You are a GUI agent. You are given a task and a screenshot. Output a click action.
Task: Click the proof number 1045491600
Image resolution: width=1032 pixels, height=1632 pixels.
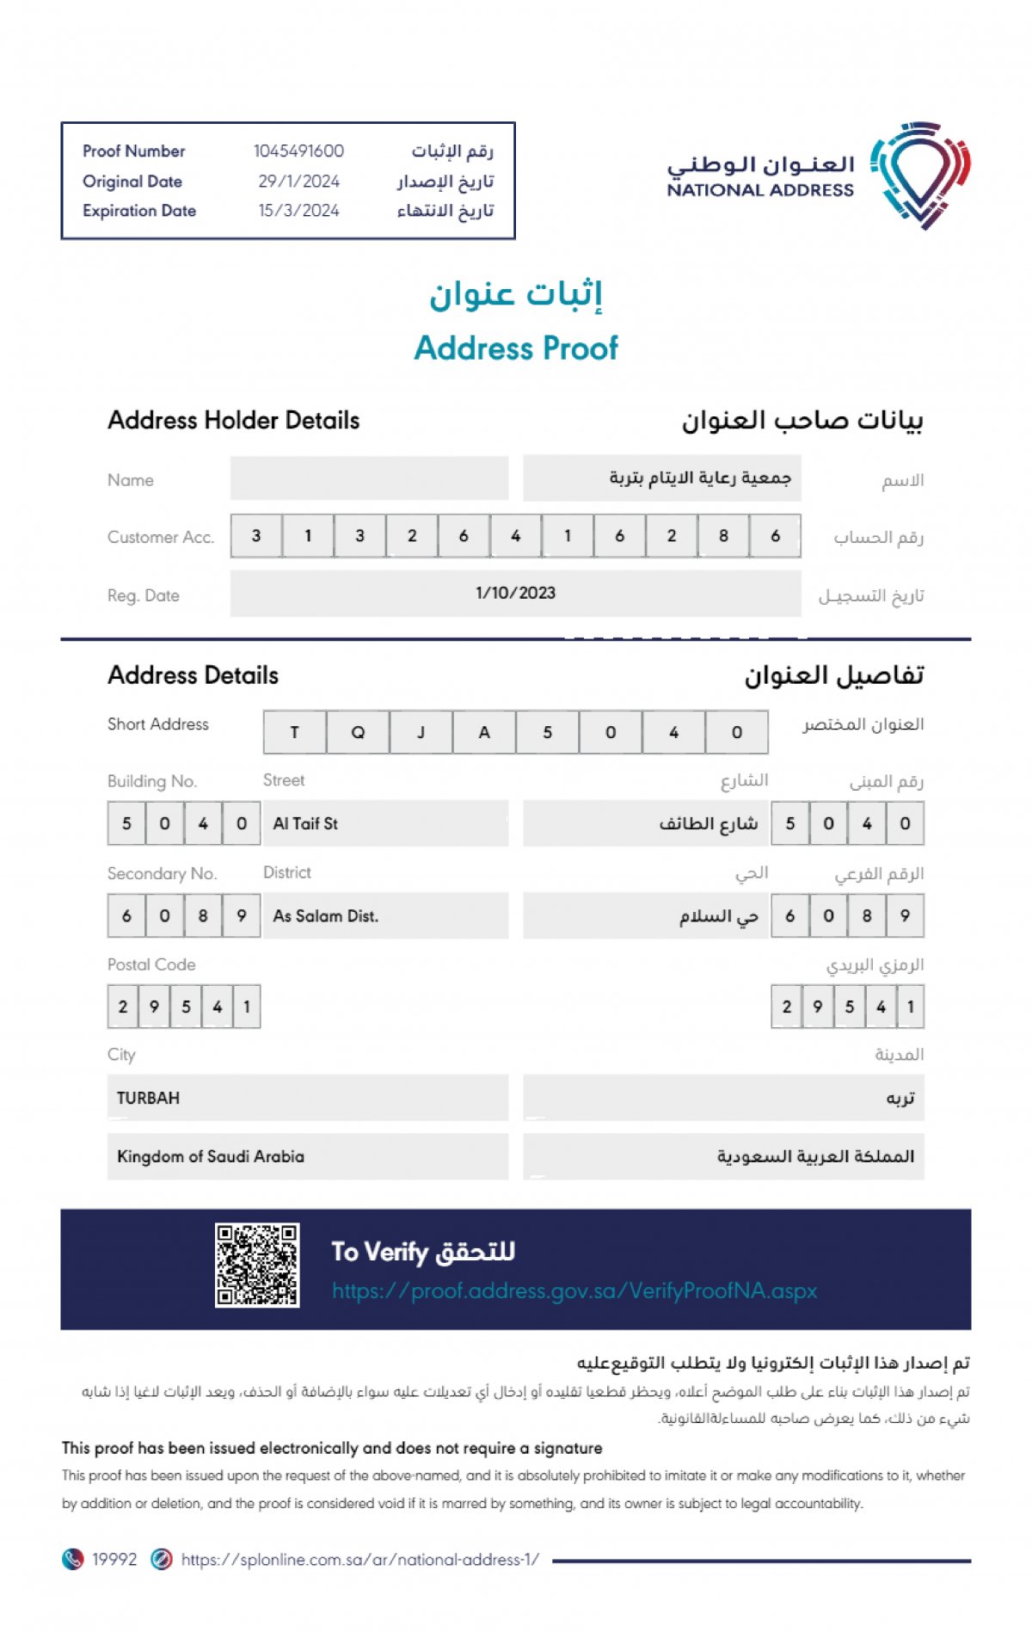[298, 151]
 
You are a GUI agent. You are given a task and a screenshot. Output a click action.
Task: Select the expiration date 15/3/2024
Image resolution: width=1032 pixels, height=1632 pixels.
[298, 211]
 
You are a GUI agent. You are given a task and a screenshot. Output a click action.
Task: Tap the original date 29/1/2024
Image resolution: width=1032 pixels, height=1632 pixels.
[298, 182]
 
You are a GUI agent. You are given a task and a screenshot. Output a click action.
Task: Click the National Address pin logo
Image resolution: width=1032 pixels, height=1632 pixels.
[919, 175]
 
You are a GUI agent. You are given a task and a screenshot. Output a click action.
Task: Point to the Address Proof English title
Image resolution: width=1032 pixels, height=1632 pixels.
[516, 348]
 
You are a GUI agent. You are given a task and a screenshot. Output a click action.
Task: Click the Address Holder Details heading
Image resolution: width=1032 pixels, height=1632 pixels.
[233, 421]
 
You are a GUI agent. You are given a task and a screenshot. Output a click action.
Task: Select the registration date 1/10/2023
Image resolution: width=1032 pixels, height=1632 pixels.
[515, 593]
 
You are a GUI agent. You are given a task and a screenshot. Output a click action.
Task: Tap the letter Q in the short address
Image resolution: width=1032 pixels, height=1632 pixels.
[358, 732]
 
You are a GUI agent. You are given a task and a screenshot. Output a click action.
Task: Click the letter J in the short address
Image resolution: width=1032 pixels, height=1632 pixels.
[421, 732]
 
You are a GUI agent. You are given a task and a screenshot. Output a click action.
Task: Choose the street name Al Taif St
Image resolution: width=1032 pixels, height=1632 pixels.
[305, 824]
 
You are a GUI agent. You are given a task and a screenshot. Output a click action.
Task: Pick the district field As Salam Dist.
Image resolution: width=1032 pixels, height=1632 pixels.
[325, 916]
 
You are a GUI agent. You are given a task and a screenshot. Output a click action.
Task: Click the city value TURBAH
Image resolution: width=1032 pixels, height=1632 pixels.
[148, 1098]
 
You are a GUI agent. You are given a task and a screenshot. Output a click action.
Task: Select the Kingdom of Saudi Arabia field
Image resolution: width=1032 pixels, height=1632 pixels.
[211, 1156]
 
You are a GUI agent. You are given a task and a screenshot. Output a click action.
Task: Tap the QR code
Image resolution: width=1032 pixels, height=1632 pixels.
[257, 1265]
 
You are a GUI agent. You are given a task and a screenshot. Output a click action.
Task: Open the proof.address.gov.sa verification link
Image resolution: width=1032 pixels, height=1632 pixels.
[574, 1291]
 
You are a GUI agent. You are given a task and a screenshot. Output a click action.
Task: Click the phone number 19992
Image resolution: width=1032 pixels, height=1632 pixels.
[114, 1559]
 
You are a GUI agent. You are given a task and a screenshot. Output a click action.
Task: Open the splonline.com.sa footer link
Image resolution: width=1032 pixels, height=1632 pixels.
[359, 1559]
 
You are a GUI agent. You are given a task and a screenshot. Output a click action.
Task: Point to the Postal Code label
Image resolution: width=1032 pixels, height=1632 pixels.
[151, 964]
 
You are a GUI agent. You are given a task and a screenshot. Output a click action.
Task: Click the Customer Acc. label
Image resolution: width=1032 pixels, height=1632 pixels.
[160, 537]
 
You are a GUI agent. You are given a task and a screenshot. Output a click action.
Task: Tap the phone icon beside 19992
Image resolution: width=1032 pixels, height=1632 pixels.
[73, 1559]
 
